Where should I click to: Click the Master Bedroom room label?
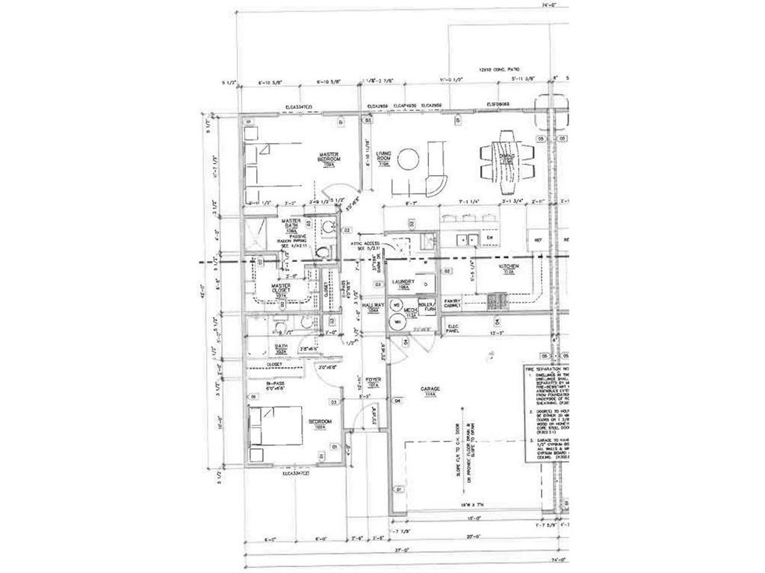click(x=329, y=158)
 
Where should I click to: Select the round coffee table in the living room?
click(x=409, y=159)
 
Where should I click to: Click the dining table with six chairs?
click(x=507, y=157)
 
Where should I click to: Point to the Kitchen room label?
click(x=510, y=268)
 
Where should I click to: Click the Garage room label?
click(x=430, y=391)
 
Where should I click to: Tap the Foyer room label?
click(x=374, y=382)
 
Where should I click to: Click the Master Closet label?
click(x=281, y=289)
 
